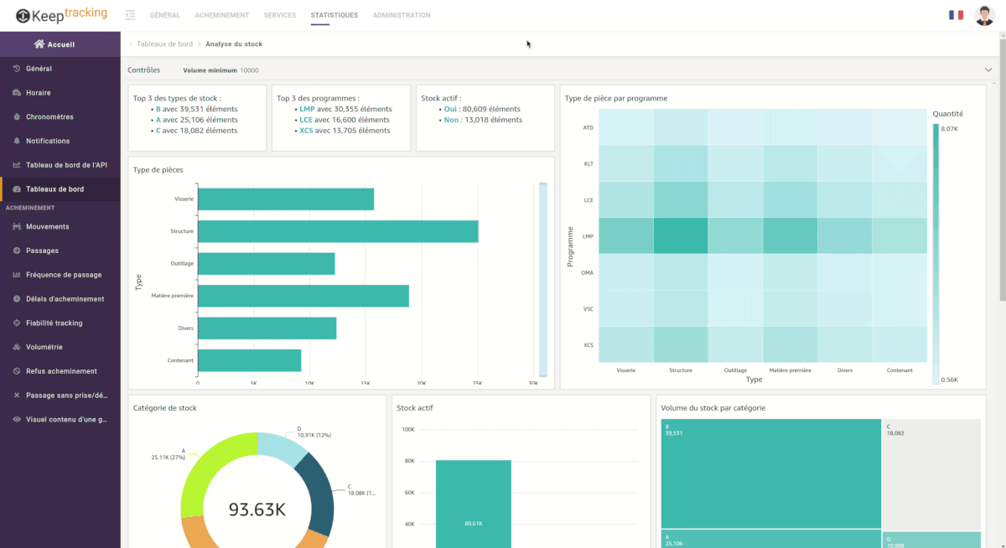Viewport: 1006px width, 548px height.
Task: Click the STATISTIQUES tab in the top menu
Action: coord(334,15)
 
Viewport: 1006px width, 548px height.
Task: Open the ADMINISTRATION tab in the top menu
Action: coord(402,15)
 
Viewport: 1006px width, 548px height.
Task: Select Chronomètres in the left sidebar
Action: coord(49,117)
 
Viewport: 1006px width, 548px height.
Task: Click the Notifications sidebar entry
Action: coord(48,141)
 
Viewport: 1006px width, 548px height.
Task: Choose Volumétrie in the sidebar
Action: coord(44,347)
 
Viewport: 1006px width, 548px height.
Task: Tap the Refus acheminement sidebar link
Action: coord(61,371)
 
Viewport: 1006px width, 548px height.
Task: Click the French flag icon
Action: coord(956,15)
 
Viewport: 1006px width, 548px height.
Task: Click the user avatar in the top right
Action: coord(984,15)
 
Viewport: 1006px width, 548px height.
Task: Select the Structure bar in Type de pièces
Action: coord(338,231)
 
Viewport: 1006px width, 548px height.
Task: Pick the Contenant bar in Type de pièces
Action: coord(249,360)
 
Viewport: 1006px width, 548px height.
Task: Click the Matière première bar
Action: coord(303,296)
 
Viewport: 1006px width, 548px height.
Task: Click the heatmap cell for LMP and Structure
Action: coord(680,236)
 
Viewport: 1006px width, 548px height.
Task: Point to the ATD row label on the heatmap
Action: coord(588,127)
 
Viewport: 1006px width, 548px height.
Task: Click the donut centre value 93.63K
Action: coord(257,509)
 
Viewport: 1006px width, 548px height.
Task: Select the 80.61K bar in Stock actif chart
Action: coord(473,503)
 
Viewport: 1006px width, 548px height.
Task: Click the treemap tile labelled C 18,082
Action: coord(931,473)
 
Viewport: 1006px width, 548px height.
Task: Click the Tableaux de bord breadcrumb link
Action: coord(164,44)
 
